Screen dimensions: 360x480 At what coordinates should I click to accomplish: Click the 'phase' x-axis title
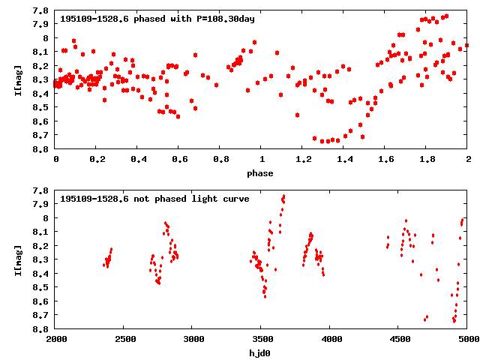coord(262,173)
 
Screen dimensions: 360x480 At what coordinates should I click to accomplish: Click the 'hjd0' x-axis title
coord(262,353)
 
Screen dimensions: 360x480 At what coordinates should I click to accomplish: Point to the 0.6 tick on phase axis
coord(179,160)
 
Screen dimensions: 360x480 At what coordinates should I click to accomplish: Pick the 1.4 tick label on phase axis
coord(344,160)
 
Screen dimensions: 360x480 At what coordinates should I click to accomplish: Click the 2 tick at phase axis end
coord(467,160)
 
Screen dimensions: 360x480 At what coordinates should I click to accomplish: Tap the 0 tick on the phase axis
coord(56,160)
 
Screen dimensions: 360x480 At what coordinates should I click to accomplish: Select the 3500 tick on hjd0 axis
coord(262,340)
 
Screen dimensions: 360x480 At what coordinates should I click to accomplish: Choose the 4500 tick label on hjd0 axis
coord(399,340)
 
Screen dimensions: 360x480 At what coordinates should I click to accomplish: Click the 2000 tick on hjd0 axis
coord(56,340)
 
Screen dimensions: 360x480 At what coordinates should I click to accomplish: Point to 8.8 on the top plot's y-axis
coord(42,149)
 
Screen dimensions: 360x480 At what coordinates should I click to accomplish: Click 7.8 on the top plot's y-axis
coord(42,10)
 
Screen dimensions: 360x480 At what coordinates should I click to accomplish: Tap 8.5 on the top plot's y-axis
coord(42,107)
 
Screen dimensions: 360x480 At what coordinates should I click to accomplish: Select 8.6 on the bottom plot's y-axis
coord(42,301)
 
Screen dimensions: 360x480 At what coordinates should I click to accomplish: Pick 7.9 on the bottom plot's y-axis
coord(42,204)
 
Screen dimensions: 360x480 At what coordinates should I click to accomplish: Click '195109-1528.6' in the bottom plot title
coord(93,199)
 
